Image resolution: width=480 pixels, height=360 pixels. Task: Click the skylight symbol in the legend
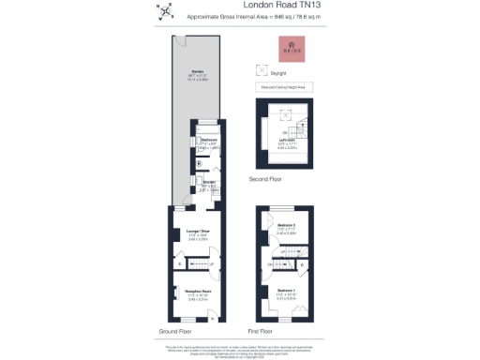pos(262,68)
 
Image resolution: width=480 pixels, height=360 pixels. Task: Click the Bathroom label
pos(208,141)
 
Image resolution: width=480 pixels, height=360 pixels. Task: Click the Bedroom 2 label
pos(287,226)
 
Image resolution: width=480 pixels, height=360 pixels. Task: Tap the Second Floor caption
pos(266,178)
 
